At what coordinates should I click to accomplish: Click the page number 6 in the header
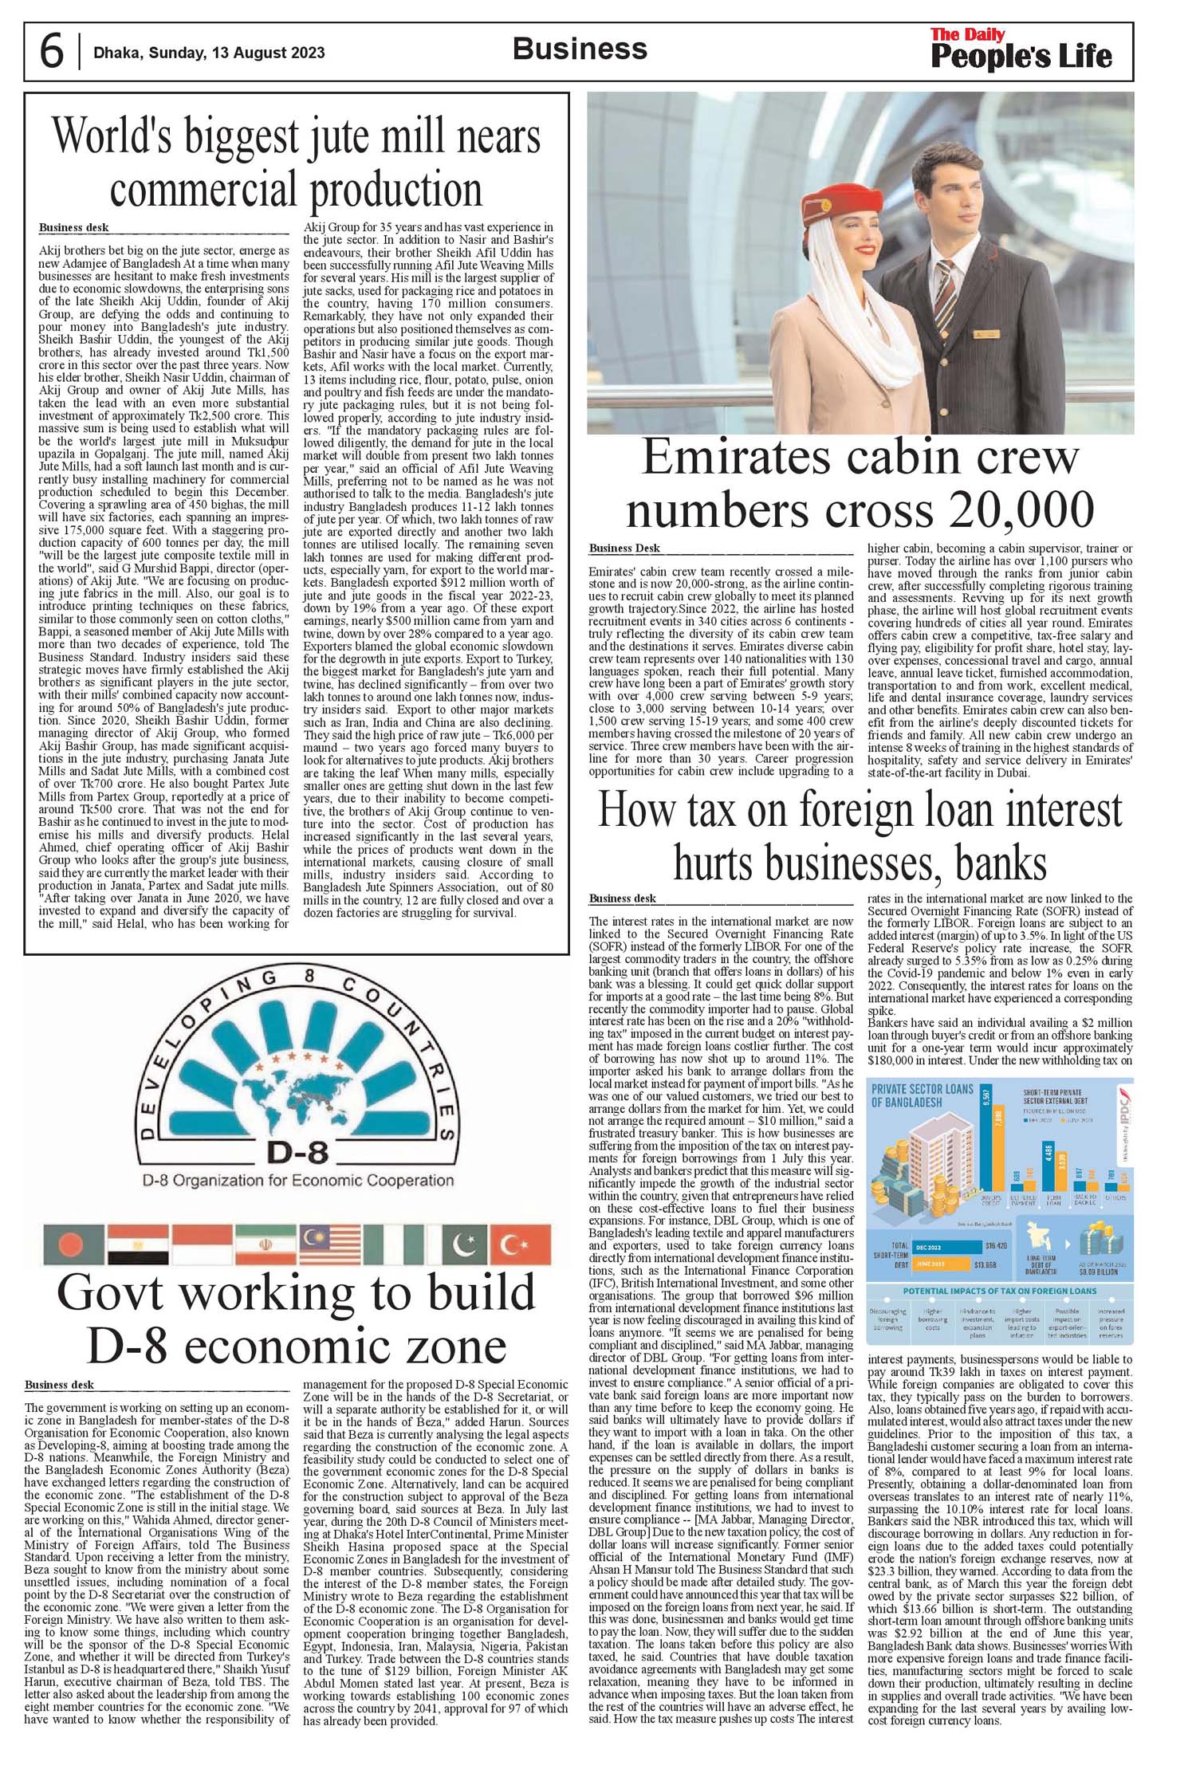point(51,53)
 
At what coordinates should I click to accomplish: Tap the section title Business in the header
point(580,49)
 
